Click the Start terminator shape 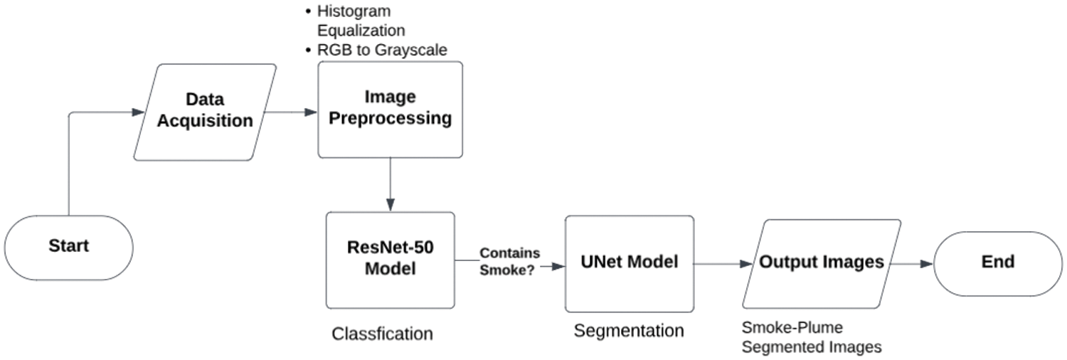click(68, 248)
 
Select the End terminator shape click(998, 264)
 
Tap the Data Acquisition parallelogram click(205, 112)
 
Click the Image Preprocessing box click(390, 110)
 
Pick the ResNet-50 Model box click(390, 260)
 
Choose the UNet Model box click(630, 264)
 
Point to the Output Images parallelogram click(821, 264)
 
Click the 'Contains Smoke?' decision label click(509, 261)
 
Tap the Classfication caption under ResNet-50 click(382, 334)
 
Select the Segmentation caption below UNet click(629, 331)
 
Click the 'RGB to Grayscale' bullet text click(382, 50)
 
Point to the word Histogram click(354, 11)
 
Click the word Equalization click(361, 31)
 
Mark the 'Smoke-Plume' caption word click(792, 327)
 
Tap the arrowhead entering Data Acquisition click(138, 112)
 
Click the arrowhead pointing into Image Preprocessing click(311, 112)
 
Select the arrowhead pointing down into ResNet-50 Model click(390, 205)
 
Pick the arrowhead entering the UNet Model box click(558, 267)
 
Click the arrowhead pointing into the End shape click(926, 264)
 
